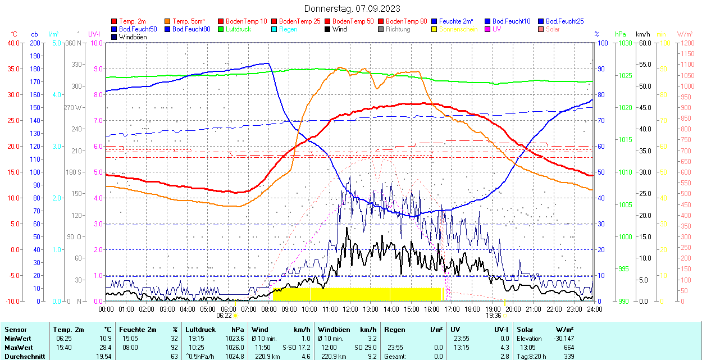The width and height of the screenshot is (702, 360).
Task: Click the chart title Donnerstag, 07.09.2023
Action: tap(352, 8)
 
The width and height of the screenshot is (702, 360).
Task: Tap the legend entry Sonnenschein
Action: tap(458, 29)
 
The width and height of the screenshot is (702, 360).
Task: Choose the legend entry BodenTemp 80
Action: tap(407, 21)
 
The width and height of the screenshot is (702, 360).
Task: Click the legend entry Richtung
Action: tap(398, 29)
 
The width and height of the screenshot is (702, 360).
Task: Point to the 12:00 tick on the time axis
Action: tap(350, 309)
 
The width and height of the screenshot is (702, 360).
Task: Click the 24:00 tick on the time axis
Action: tap(594, 309)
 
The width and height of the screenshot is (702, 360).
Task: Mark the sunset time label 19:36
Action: tap(493, 316)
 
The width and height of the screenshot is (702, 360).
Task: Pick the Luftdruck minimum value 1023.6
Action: tap(238, 339)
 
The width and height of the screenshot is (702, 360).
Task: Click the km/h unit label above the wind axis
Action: tap(642, 34)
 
